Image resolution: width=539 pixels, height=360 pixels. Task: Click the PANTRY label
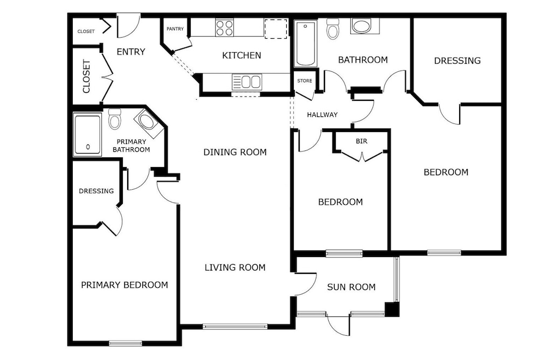175,29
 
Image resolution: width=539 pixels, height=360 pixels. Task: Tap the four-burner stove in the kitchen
224,27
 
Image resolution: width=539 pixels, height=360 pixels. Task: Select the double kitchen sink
247,82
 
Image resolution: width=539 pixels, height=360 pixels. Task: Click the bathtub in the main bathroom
306,43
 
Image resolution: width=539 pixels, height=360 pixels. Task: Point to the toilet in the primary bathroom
114,119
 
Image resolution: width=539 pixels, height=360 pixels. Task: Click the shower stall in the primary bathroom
88,134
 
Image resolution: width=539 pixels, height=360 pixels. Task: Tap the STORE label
305,81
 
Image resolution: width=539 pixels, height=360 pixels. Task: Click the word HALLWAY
322,115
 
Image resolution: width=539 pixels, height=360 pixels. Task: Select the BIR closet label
361,141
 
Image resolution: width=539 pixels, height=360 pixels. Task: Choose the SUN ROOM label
351,287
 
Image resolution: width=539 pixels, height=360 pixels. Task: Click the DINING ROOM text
235,152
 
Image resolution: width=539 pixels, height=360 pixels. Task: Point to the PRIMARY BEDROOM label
125,285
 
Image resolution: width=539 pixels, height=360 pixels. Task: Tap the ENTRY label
131,52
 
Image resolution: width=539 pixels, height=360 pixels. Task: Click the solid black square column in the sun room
392,309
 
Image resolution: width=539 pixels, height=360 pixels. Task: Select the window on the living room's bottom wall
235,326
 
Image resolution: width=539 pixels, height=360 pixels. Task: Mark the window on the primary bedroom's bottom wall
126,343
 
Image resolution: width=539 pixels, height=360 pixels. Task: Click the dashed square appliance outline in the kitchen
275,29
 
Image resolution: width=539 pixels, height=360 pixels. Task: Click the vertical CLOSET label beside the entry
86,77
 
